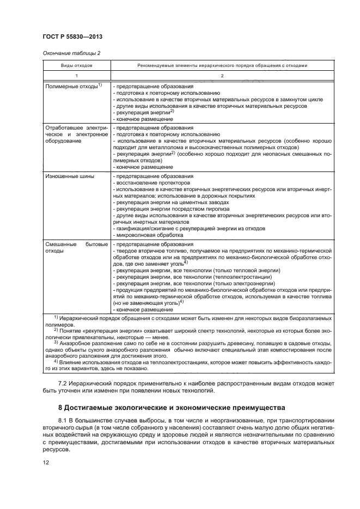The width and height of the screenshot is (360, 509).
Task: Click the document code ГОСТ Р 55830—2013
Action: click(72, 36)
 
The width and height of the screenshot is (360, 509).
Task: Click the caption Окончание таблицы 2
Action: click(71, 53)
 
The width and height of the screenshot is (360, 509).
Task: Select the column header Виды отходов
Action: click(77, 65)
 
